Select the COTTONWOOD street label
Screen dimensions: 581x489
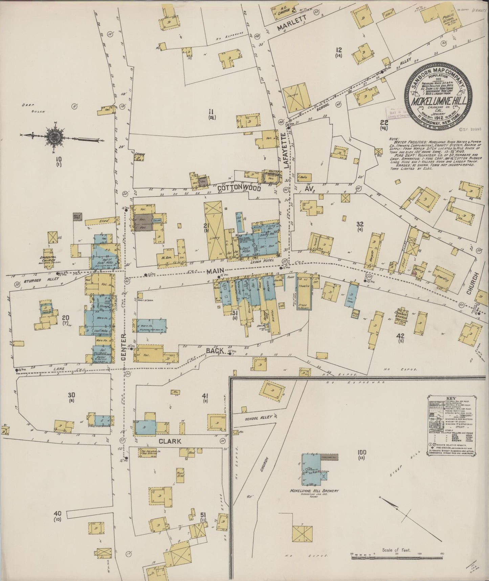(x=239, y=187)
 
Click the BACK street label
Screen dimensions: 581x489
(x=215, y=350)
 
